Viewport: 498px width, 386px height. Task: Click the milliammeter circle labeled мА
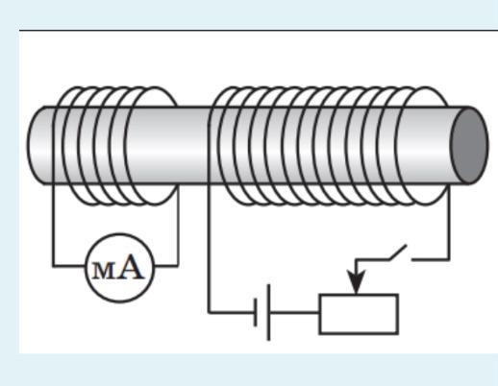click(x=120, y=233)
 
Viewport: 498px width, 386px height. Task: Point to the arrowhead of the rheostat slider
click(x=357, y=280)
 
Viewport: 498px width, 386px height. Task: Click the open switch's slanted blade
click(x=398, y=253)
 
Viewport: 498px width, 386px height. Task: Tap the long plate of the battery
click(x=268, y=312)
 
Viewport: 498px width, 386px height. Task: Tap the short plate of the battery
click(x=256, y=312)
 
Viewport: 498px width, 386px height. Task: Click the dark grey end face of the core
click(x=469, y=146)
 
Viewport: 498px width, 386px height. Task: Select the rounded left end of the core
click(x=36, y=146)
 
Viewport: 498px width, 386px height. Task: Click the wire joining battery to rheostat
click(x=294, y=312)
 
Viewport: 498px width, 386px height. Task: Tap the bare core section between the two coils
click(x=192, y=146)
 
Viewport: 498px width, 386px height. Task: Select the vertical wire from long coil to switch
click(x=449, y=223)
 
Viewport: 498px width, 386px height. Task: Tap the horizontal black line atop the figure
click(x=259, y=31)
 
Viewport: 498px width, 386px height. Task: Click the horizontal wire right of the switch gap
click(x=431, y=259)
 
